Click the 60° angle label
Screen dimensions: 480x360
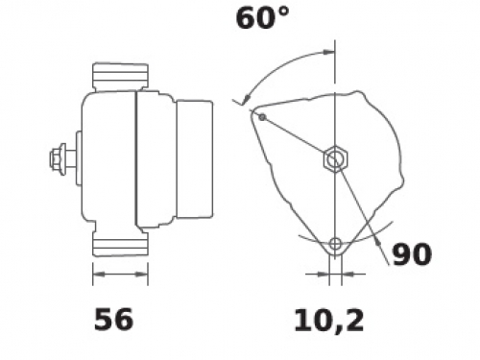point(262,18)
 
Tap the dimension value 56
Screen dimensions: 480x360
point(113,319)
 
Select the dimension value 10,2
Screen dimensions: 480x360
point(329,321)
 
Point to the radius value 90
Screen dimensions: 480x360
point(412,254)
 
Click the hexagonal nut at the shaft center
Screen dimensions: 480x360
point(335,158)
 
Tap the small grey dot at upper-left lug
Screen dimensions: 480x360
point(262,117)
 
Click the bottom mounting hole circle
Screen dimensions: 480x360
point(335,244)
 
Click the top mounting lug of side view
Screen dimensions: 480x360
point(120,76)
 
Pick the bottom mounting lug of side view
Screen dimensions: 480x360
point(120,243)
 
